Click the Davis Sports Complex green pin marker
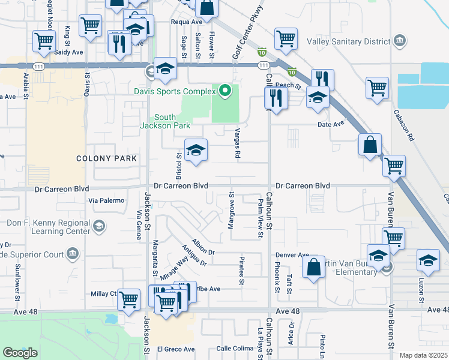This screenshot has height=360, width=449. [x=225, y=91]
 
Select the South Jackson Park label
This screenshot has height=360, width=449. [x=165, y=121]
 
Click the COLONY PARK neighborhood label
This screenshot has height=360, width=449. [x=107, y=158]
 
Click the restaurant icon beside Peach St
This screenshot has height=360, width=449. [x=276, y=98]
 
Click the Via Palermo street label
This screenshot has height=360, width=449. [x=106, y=200]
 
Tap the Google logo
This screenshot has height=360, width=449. [x=20, y=352]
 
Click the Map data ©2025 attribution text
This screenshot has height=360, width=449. [x=424, y=355]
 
